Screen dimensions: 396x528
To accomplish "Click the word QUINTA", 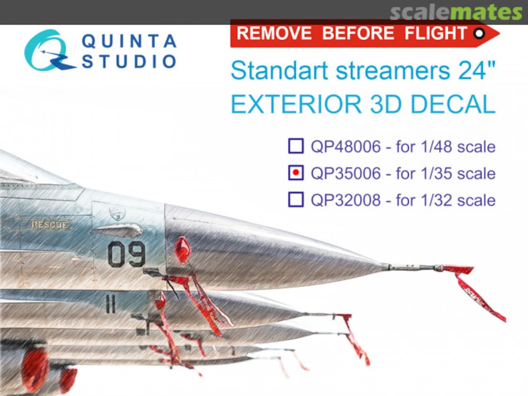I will pos(129,41).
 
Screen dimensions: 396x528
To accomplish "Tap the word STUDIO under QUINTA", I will pos(129,62).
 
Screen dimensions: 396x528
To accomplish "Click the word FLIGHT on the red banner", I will pos(436,33).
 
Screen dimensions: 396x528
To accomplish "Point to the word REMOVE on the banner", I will pos(274,33).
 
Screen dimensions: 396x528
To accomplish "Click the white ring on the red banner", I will pos(480,33).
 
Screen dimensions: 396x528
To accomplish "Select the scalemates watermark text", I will pos(456,12).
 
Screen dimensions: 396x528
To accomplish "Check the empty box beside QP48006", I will pos(295,146).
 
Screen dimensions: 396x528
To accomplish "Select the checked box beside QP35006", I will pos(295,173).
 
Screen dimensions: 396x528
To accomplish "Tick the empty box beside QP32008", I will pos(295,199).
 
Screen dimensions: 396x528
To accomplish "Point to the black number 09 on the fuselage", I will pos(126,254).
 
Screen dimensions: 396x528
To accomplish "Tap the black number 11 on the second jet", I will pos(110,305).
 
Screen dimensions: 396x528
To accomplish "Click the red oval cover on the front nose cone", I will pos(182,249).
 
